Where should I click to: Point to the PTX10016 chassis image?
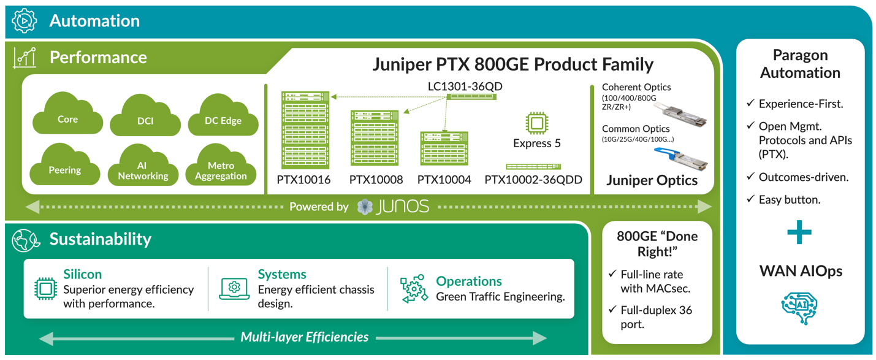305,130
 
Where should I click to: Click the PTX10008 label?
376,180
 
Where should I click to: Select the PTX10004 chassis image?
444,148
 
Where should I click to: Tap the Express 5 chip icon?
536,123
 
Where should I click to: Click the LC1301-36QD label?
465,86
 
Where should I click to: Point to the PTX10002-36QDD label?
533,180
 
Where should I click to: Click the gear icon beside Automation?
25,20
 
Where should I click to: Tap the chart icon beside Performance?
25,58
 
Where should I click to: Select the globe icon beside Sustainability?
26,240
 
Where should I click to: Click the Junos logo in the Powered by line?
393,207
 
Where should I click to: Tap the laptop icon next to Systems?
234,289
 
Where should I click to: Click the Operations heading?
469,281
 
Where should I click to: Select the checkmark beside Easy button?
750,199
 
